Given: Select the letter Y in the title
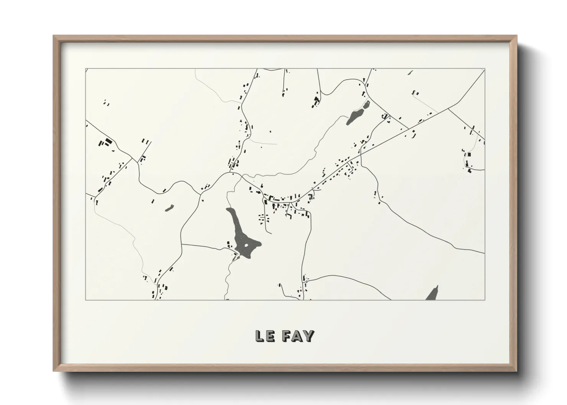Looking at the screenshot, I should (x=309, y=336).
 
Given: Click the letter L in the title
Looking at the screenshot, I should (x=259, y=336).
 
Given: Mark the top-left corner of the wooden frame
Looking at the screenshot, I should (x=54, y=36).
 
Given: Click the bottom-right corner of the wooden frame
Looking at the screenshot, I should (x=516, y=371).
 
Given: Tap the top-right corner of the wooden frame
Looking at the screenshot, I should (x=516, y=36).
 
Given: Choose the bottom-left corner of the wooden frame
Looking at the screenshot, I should (x=54, y=371).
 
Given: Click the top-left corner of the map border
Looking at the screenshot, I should (x=85, y=69).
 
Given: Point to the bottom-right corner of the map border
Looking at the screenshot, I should (x=485, y=300).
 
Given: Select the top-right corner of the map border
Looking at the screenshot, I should (x=485, y=69).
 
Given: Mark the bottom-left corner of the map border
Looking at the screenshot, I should (x=85, y=300).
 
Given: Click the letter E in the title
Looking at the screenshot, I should (x=270, y=336).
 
